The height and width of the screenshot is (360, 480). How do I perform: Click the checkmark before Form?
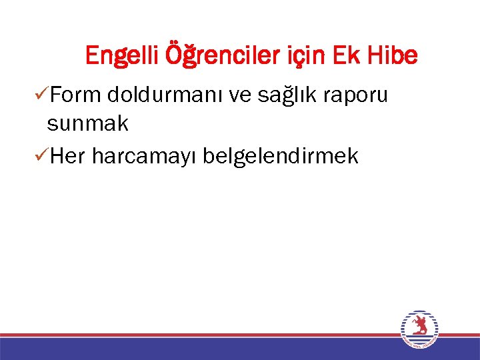click(39, 96)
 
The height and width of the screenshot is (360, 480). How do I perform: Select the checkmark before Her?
click(39, 156)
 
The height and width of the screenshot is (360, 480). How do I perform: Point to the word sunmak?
click(87, 124)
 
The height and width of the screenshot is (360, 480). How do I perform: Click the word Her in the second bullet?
click(68, 157)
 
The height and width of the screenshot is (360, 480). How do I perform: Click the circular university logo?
click(419, 329)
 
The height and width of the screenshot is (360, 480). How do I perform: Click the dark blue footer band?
click(200, 349)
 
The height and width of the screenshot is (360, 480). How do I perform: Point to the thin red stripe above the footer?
click(200, 335)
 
